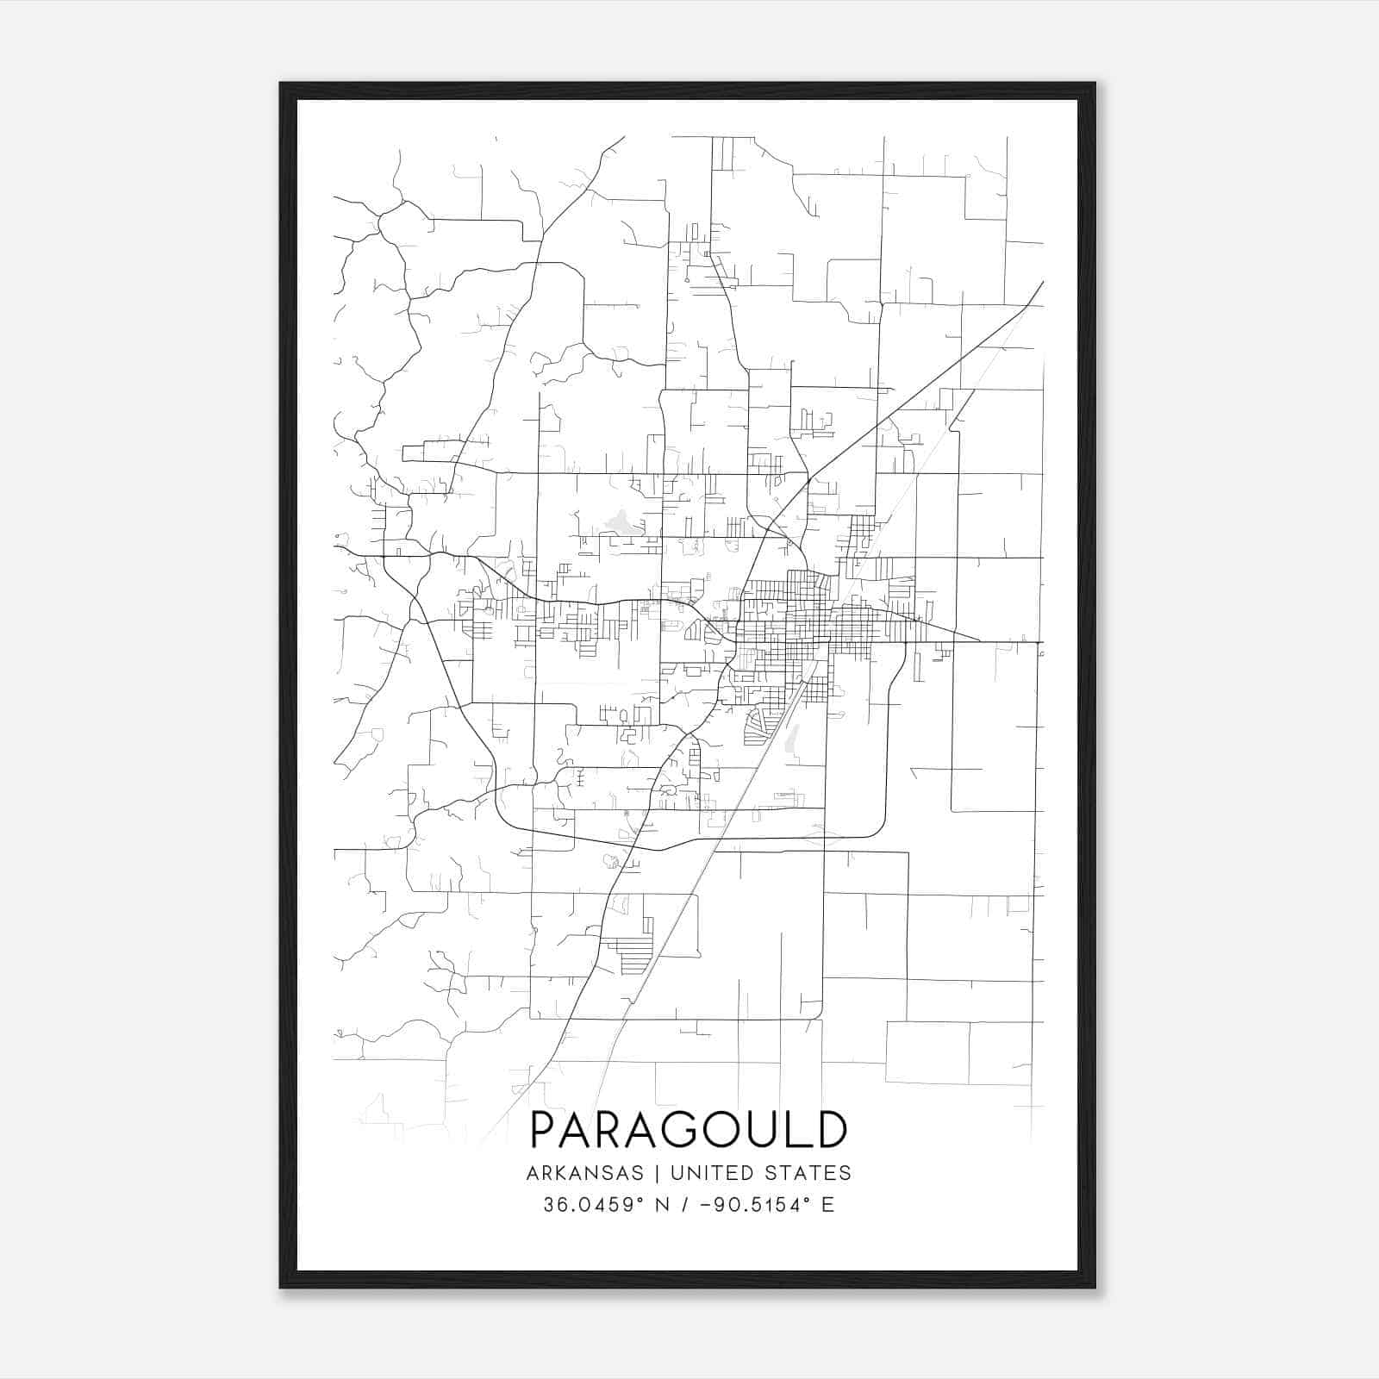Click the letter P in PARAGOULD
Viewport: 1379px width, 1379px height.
coord(545,1130)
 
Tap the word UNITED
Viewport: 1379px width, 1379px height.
coord(708,1173)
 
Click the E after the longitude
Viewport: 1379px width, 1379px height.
coord(827,1205)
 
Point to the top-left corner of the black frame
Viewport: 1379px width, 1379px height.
coord(281,84)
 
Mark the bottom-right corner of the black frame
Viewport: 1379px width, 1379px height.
coord(1095,1288)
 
